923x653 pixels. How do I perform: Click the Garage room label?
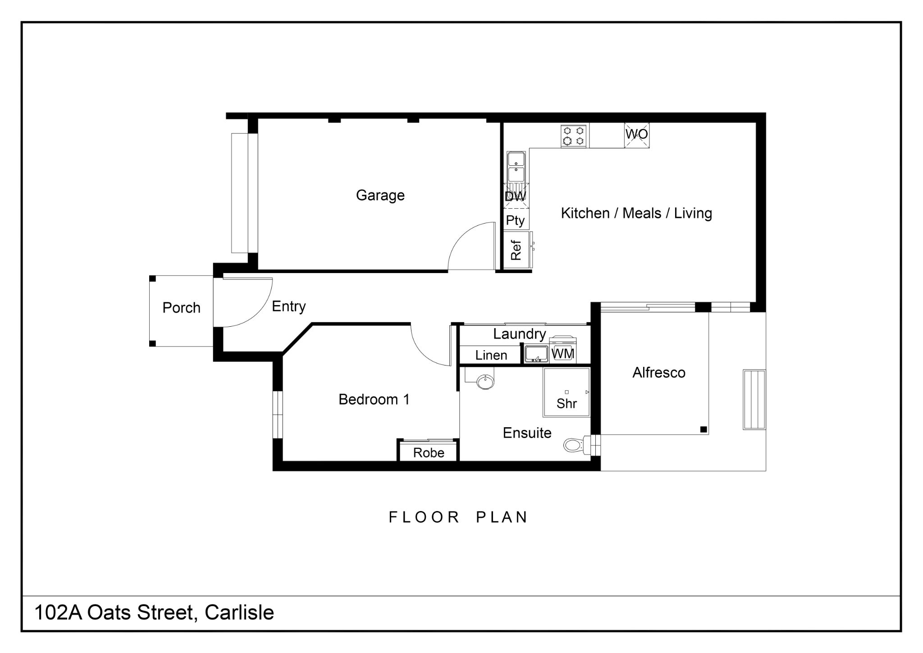pyautogui.click(x=380, y=195)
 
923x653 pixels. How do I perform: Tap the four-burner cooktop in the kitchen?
pyautogui.click(x=574, y=136)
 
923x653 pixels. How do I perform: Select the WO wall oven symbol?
pyautogui.click(x=636, y=135)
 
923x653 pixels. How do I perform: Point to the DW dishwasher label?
pyautogui.click(x=515, y=196)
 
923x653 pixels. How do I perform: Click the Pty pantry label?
pyautogui.click(x=515, y=220)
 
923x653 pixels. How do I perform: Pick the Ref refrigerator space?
pyautogui.click(x=516, y=250)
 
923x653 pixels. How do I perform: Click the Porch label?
pyautogui.click(x=181, y=308)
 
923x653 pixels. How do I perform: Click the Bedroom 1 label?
pyautogui.click(x=374, y=399)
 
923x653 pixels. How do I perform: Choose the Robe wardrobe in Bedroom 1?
pyautogui.click(x=428, y=452)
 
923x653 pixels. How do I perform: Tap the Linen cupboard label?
pyautogui.click(x=491, y=355)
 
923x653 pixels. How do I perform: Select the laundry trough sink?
pyautogui.click(x=536, y=354)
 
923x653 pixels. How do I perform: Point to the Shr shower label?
pyautogui.click(x=567, y=403)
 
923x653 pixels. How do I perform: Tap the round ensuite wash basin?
pyautogui.click(x=485, y=382)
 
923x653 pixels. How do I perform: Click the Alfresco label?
pyautogui.click(x=659, y=373)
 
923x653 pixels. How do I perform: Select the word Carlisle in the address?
pyautogui.click(x=239, y=613)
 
